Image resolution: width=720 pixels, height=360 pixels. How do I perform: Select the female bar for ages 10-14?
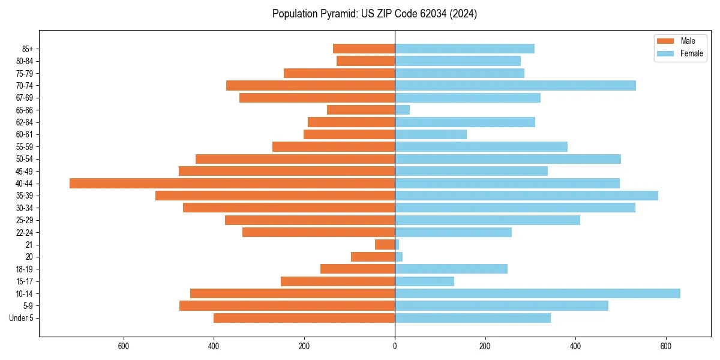pyautogui.click(x=537, y=293)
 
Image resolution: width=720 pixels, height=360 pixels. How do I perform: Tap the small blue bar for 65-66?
pyautogui.click(x=402, y=110)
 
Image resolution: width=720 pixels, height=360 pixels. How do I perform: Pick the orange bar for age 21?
pyautogui.click(x=385, y=244)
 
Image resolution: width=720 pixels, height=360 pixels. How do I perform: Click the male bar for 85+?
pyautogui.click(x=364, y=49)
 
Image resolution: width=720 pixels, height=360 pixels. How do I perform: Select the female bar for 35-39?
pyautogui.click(x=526, y=196)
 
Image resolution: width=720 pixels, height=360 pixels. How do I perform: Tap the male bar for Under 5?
pyautogui.click(x=304, y=318)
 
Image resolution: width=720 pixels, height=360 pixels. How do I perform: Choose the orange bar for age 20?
pyautogui.click(x=373, y=257)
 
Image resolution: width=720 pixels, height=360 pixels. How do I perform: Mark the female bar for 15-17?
pyautogui.click(x=424, y=281)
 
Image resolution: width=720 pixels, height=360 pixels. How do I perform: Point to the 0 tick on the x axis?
pyautogui.click(x=395, y=346)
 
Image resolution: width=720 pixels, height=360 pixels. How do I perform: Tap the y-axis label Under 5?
pyautogui.click(x=22, y=318)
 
